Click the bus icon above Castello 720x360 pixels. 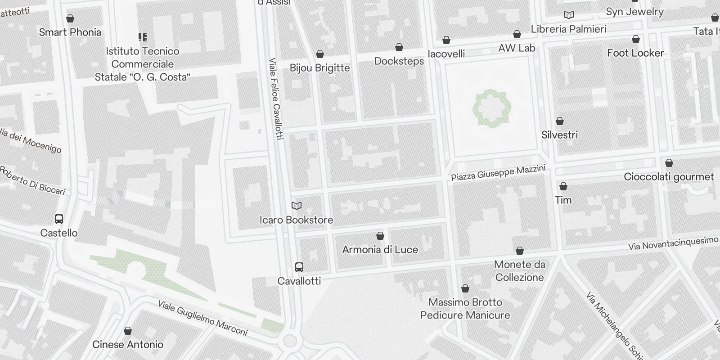click(59, 219)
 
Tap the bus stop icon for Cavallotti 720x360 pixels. click(299, 267)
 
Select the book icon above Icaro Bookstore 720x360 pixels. click(296, 206)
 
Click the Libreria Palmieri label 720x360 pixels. click(568, 29)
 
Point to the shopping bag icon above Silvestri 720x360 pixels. click(559, 121)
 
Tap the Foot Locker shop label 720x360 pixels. click(635, 53)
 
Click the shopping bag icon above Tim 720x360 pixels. click(563, 186)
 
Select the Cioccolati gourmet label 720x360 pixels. click(669, 177)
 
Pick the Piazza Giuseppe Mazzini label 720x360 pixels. click(498, 173)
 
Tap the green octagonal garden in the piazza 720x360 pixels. click(491, 108)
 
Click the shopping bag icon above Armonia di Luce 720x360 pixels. click(380, 236)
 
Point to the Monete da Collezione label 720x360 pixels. click(519, 271)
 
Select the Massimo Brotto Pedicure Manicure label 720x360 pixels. click(465, 309)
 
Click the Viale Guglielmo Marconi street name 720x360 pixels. click(202, 318)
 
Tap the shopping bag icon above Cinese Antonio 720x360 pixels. click(128, 331)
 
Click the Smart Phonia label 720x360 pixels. click(70, 32)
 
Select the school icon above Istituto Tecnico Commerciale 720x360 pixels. click(143, 37)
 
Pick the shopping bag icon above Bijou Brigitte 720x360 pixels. click(320, 54)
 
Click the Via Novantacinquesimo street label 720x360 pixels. click(673, 243)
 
